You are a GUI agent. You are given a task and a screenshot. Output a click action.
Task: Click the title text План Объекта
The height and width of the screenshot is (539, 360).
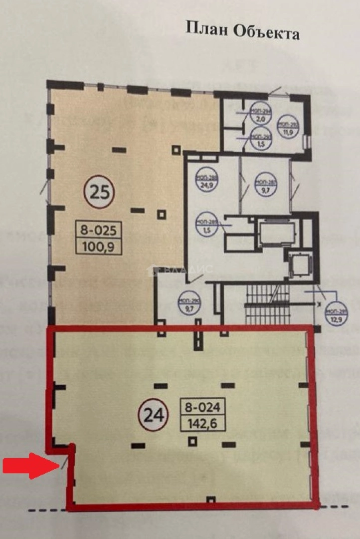pos(242,30)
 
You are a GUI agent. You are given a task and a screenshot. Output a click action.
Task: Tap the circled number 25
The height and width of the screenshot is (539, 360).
pos(99,192)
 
